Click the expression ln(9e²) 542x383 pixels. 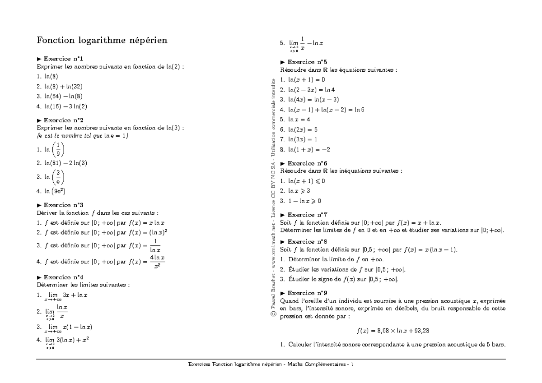[55, 191]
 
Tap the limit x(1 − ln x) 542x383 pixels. [68, 327]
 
